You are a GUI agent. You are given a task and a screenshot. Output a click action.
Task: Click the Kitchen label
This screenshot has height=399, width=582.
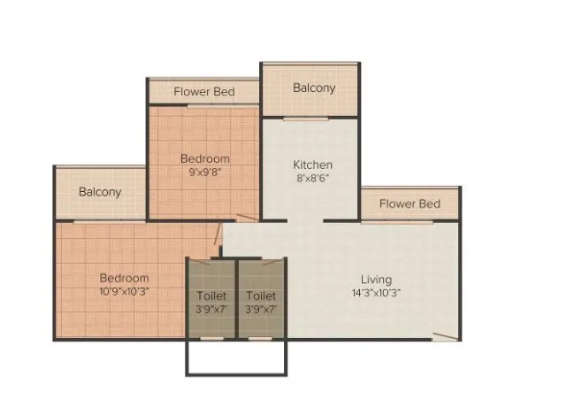coord(312,165)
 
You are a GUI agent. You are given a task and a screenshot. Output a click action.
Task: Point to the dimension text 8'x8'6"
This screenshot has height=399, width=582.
coord(312,178)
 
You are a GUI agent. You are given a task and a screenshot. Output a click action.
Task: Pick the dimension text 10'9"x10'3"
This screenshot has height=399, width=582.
coord(124,291)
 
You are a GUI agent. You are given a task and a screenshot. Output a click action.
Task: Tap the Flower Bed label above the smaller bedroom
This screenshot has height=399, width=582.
coord(203,91)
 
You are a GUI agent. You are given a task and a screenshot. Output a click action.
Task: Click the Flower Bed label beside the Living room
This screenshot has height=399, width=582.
coord(410,204)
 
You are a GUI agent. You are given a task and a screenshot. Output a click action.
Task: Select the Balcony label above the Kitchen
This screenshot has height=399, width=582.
coord(314,88)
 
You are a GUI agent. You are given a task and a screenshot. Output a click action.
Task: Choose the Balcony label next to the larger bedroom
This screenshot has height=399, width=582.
coord(100,191)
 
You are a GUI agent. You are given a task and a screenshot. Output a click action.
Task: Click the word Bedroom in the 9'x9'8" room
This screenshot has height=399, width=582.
coord(204,159)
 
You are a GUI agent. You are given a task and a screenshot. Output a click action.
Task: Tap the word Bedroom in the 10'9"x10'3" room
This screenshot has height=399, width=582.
coord(124,278)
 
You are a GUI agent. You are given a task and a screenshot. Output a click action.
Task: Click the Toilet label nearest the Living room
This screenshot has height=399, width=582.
coord(261,295)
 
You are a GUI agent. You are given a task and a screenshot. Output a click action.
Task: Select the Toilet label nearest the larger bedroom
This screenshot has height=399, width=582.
coord(211,295)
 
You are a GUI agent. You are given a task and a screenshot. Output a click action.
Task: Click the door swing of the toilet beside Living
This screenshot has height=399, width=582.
coord(271,262)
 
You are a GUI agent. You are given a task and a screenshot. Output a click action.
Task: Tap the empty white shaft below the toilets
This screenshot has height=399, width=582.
coord(236,357)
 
